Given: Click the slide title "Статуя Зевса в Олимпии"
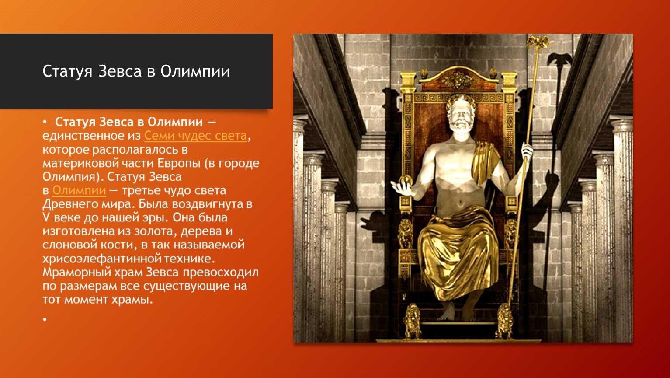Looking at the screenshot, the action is [x=136, y=72].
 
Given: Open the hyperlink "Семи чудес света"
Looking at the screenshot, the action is [x=196, y=136].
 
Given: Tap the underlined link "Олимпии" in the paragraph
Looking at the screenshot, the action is [x=79, y=190].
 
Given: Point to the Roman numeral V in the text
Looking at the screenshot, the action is [x=46, y=217].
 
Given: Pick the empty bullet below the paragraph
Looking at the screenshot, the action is [x=45, y=319].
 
